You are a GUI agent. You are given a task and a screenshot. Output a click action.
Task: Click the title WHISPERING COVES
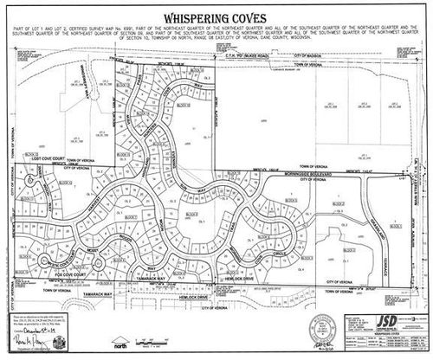point(216,20)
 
